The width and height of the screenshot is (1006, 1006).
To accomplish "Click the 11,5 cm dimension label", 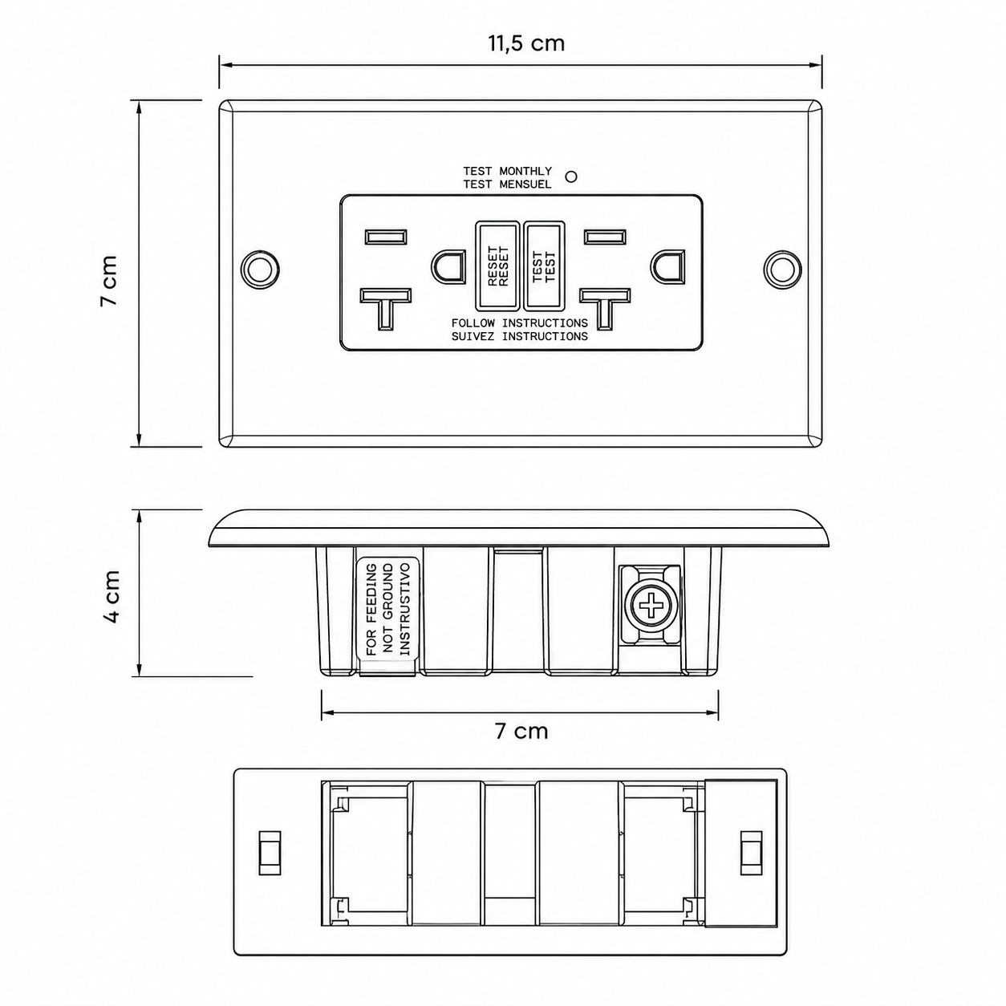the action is pos(526,43).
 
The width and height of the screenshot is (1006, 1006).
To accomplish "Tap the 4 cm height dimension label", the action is pos(112,596).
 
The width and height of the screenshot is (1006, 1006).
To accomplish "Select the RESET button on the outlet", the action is pos(497,266).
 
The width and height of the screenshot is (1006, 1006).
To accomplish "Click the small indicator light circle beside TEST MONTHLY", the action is pos(572,176).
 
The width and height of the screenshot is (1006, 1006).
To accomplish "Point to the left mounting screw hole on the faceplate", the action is pos(259,269).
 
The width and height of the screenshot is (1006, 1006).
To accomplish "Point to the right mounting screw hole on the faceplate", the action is pos(782,269).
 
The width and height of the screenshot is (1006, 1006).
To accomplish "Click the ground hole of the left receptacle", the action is pos(449,267).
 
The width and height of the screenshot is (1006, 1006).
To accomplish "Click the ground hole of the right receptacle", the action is pos(668,267).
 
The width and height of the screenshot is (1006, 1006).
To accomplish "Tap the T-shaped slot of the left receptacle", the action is pos(385,309).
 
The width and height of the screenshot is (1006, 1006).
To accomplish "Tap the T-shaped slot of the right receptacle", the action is pos(605,309).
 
